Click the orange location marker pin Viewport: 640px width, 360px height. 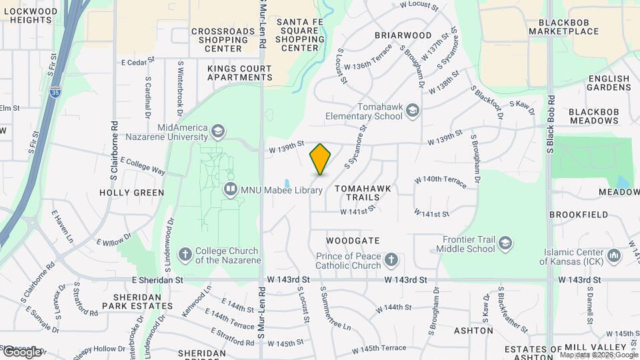tap(320, 159)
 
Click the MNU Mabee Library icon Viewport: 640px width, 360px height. tap(230, 190)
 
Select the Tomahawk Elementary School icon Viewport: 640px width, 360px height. tap(413, 110)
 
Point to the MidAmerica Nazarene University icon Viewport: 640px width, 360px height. tap(217, 131)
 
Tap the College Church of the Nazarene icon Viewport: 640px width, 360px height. tap(186, 255)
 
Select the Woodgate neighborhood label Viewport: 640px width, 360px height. tap(353, 240)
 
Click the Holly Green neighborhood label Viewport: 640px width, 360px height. tap(131, 193)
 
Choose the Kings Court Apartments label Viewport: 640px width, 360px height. tap(239, 73)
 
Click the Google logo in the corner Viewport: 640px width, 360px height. tap(21, 351)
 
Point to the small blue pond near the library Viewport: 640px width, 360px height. tap(287, 183)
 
